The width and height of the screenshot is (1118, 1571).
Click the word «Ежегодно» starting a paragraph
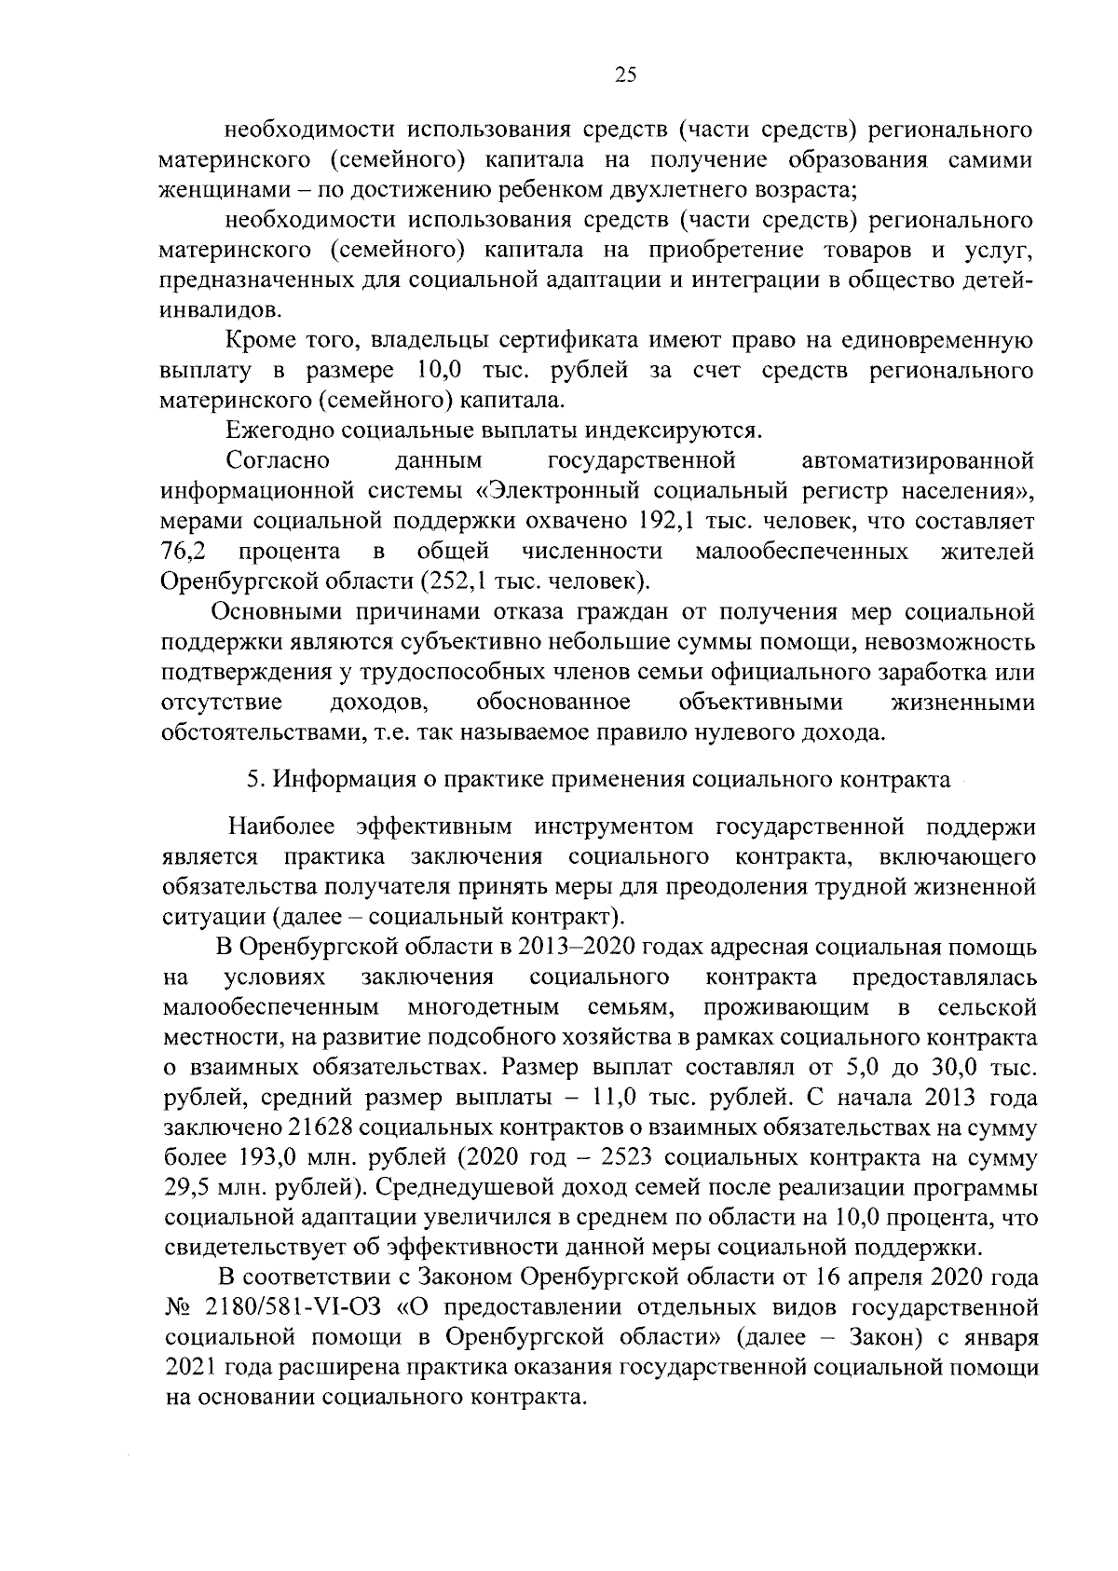280,430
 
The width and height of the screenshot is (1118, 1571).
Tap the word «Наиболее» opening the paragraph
283,826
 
